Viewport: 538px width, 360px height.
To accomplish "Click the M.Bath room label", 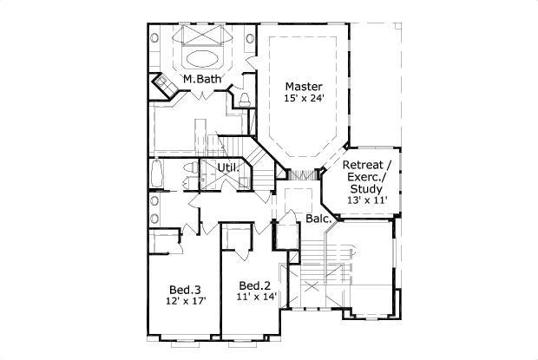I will click(x=201, y=80).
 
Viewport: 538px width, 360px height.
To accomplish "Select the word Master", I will click(x=304, y=87).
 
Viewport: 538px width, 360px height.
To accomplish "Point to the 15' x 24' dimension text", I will click(x=304, y=99).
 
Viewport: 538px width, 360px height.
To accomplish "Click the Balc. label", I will click(x=318, y=219).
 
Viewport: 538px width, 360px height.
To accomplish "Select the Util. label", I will click(x=228, y=167).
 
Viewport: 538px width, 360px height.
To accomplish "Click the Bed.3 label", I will click(x=185, y=289).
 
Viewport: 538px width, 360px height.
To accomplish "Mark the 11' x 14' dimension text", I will click(x=256, y=298).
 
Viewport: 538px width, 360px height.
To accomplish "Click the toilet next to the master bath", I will click(x=245, y=98).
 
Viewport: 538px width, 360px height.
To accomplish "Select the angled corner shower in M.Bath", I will click(x=162, y=87).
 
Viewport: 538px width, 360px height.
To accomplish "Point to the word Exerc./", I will click(x=365, y=177).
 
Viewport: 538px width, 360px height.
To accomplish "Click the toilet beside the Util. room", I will click(x=188, y=180).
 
